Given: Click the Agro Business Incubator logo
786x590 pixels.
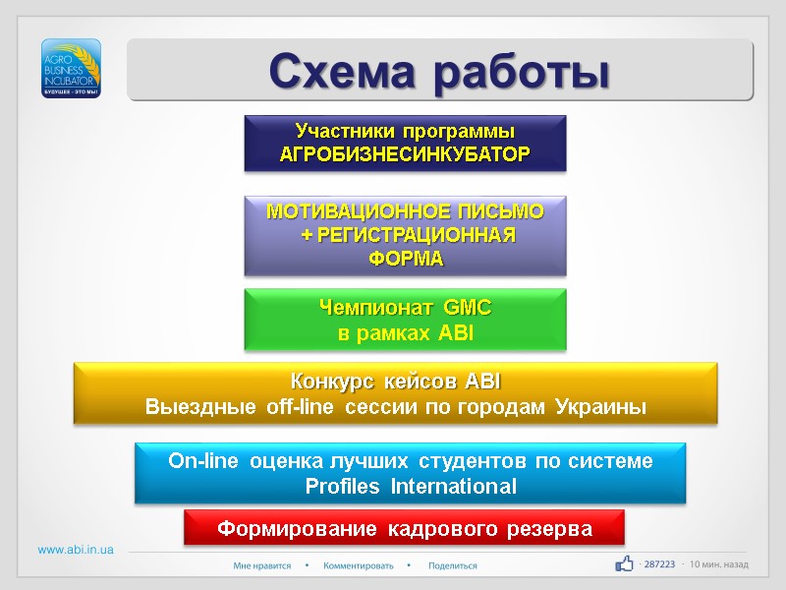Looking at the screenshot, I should tap(72, 68).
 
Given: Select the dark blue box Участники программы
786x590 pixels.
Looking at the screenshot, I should tap(405, 143).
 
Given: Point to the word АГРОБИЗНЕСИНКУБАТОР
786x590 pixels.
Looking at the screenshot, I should tap(405, 155).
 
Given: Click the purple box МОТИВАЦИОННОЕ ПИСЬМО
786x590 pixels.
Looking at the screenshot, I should tap(405, 235).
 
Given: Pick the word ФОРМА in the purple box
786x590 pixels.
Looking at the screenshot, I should tap(405, 260).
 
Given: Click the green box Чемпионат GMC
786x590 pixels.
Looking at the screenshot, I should tap(405, 321).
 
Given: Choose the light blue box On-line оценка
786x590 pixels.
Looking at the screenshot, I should tap(410, 473).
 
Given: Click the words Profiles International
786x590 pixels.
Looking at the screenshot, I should tap(410, 487).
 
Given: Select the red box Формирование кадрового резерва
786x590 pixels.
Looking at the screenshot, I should tap(405, 529).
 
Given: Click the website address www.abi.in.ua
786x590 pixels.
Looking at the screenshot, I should tap(76, 550).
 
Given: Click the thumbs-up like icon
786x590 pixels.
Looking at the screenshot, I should tap(624, 563).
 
